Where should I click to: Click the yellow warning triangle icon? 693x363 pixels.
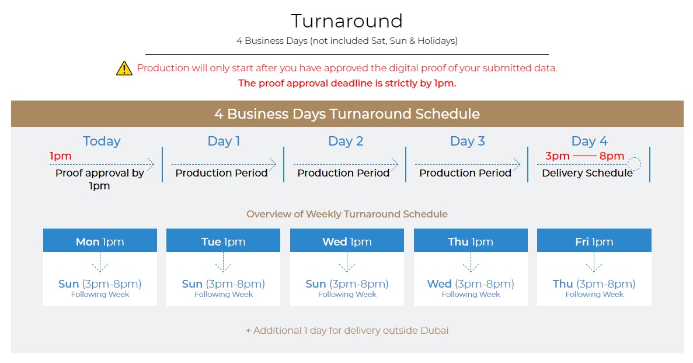click(x=124, y=68)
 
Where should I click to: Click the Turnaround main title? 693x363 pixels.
click(x=347, y=21)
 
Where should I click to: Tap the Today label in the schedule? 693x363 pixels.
click(x=102, y=141)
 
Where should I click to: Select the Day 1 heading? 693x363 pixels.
click(x=224, y=141)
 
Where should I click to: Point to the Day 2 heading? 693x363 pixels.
click(x=346, y=141)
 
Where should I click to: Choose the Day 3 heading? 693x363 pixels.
click(x=468, y=141)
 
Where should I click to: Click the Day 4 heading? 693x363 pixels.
click(x=590, y=141)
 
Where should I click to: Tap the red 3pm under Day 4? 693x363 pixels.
click(x=558, y=156)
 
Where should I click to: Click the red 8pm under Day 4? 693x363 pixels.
click(x=612, y=156)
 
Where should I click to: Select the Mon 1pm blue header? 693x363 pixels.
click(x=100, y=240)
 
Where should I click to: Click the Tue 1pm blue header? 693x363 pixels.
click(x=223, y=240)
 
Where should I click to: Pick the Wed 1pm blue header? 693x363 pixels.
click(x=347, y=240)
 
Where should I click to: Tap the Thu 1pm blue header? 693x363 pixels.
click(x=471, y=240)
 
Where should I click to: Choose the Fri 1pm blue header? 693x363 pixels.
click(x=594, y=240)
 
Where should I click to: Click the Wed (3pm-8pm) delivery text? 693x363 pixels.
click(x=471, y=284)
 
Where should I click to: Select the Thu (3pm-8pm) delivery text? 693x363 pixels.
click(x=594, y=284)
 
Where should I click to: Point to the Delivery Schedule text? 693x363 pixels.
click(x=587, y=173)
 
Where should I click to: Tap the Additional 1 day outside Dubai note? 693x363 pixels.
click(x=347, y=330)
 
